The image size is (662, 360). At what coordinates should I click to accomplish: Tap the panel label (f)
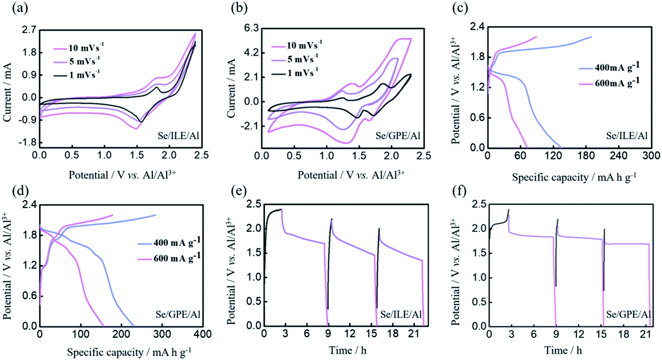(459, 191)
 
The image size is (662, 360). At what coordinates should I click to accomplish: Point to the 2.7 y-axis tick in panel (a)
(30, 30)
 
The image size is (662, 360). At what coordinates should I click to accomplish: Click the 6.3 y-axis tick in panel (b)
(251, 28)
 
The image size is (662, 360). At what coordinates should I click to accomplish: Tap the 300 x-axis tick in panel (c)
(651, 155)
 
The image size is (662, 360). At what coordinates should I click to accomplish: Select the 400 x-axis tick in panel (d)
(203, 334)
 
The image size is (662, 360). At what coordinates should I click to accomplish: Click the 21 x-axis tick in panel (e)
(414, 333)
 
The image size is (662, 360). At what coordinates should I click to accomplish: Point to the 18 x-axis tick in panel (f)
(624, 334)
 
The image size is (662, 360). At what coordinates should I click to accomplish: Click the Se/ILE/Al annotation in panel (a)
(178, 136)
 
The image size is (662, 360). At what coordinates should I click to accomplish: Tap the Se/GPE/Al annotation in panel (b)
(398, 136)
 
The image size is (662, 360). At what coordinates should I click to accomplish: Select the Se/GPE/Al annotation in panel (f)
(628, 314)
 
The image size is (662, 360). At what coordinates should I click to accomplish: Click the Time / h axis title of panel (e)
(347, 350)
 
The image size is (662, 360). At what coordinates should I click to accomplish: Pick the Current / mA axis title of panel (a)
(7, 92)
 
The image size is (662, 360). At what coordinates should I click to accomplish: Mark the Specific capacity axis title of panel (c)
(573, 177)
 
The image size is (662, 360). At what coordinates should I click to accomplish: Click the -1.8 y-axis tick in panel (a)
(28, 142)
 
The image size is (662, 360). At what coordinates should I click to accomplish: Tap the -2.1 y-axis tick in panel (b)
(249, 126)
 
